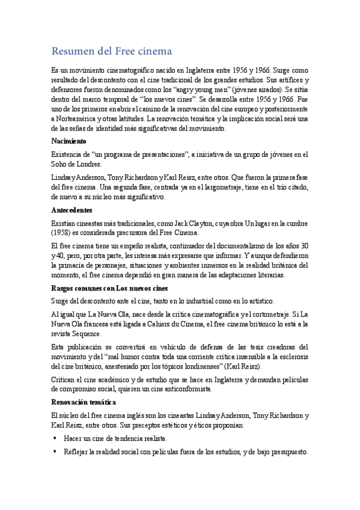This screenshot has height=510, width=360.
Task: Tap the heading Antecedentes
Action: tap(72, 210)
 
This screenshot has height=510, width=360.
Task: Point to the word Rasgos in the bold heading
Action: tap(64, 287)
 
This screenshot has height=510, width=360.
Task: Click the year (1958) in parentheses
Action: tap(64, 233)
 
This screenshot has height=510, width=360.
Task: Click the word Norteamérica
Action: tap(78, 118)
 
